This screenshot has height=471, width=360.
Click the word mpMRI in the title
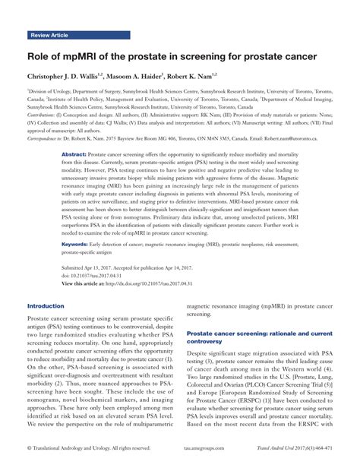coord(89,56)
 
